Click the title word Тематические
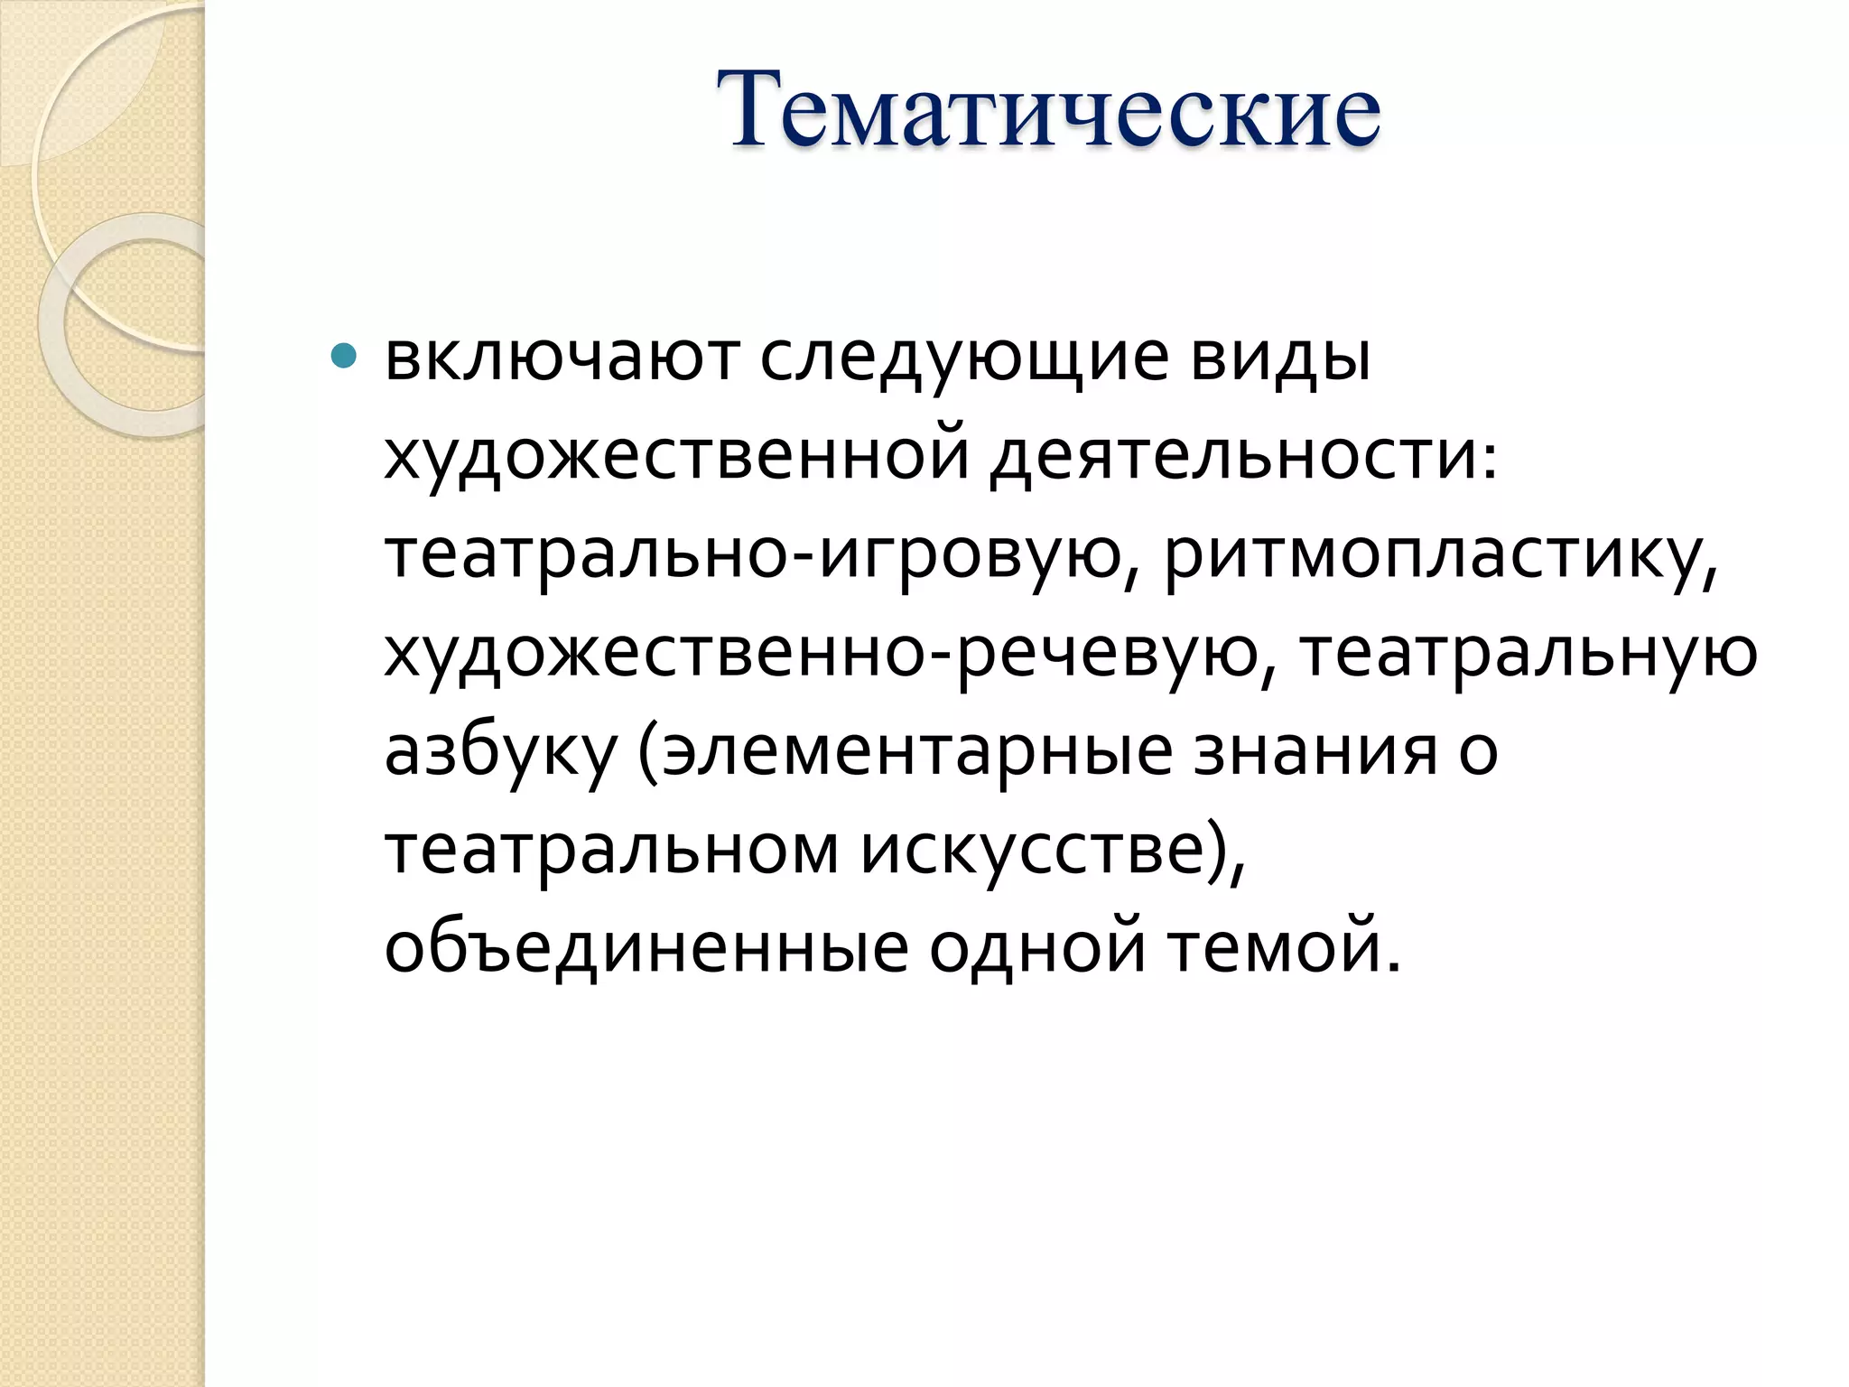pyautogui.click(x=1048, y=111)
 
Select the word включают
pyautogui.click(x=562, y=358)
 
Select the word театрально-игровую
pyautogui.click(x=751, y=555)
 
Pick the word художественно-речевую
pyautogui.click(x=821, y=653)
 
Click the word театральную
pyautogui.click(x=1528, y=655)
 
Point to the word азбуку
pyautogui.click(x=500, y=752)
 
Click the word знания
pyautogui.click(x=1315, y=752)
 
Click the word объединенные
pyautogui.click(x=646, y=948)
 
